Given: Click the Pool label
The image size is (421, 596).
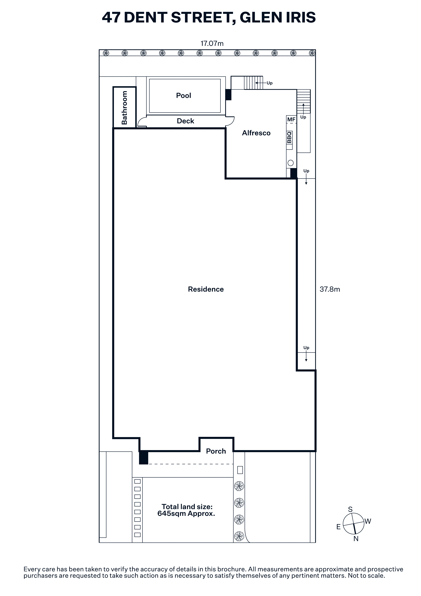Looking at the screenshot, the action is [x=183, y=95].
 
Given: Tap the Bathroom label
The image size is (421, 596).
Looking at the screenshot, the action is [x=124, y=108].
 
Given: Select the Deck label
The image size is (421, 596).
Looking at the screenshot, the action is [x=185, y=121].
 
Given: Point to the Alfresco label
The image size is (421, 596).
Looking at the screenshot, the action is [x=256, y=133].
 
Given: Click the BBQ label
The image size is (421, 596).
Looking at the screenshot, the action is [x=289, y=137].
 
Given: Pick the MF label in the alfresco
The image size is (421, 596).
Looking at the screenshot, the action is [x=291, y=119].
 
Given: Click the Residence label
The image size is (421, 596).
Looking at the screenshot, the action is [x=206, y=289].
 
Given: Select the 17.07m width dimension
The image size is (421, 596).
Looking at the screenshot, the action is [x=212, y=43].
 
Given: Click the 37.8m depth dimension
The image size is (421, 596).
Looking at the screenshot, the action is [x=330, y=289].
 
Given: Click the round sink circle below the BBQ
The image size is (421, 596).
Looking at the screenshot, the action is [x=291, y=163].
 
